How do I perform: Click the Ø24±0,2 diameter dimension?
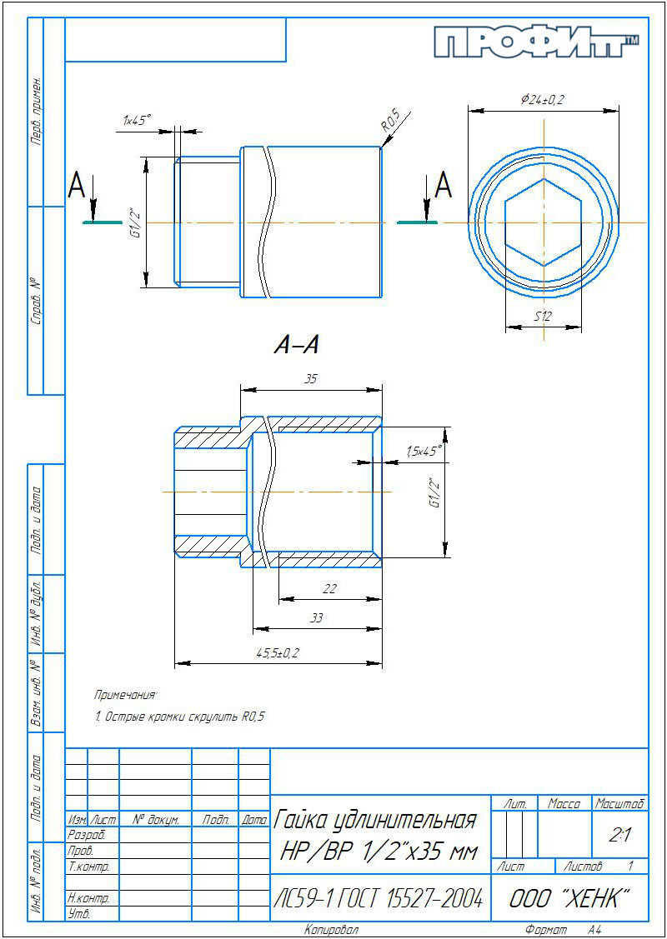[543, 99]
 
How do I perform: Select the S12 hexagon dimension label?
[543, 317]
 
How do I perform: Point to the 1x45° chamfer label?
[138, 120]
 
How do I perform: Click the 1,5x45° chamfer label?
[424, 452]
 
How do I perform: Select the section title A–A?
[295, 346]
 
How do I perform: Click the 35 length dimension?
[310, 378]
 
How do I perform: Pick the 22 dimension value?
[329, 589]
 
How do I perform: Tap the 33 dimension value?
[317, 619]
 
